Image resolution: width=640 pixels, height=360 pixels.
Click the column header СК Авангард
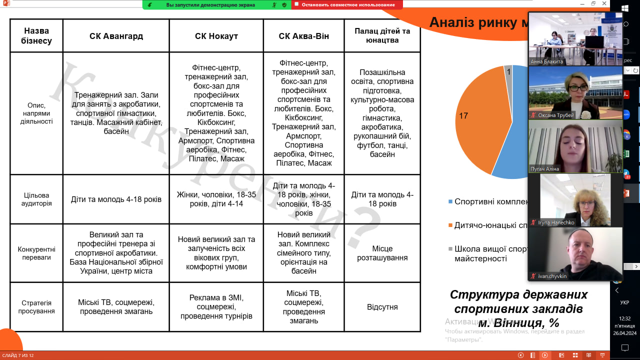pos(116,36)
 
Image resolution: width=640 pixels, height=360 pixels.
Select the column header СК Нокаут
pos(216,36)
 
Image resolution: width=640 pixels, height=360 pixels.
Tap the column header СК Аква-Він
pos(303,36)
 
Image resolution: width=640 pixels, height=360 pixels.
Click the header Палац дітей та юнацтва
pos(382,35)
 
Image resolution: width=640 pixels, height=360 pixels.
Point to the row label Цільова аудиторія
pos(36,199)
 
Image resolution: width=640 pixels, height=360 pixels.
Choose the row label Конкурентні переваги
pos(36,253)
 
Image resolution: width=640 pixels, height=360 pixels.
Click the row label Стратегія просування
pos(36,307)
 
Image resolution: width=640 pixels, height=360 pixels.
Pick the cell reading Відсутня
pos(382,307)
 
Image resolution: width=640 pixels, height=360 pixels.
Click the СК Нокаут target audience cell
pos(216,199)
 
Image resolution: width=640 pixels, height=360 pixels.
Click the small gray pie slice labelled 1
pos(508,71)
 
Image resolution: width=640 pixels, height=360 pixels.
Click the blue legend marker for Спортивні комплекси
pos(450,201)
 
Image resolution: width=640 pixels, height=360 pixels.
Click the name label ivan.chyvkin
pos(552,276)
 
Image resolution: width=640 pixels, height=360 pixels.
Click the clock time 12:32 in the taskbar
pos(624,318)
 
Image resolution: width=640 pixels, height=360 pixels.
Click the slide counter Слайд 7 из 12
pos(18,355)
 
